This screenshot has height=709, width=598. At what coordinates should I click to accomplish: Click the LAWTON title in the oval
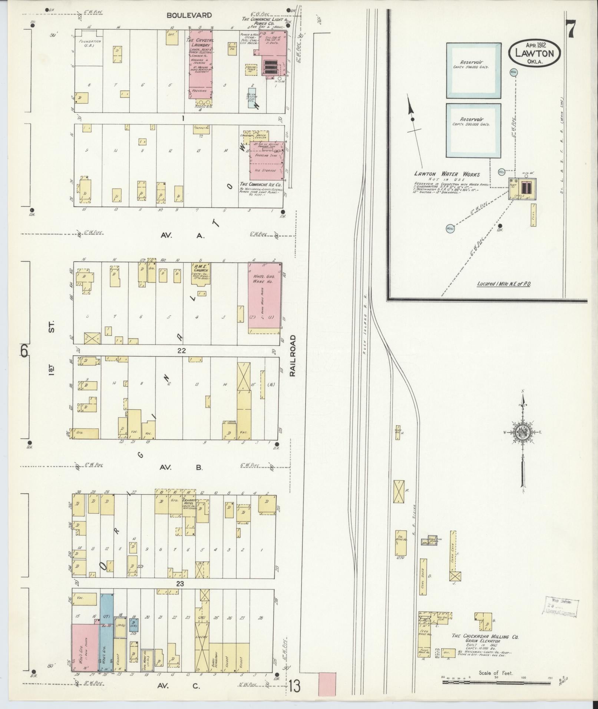(x=534, y=53)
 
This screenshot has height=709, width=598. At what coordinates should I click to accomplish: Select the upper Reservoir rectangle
(x=473, y=70)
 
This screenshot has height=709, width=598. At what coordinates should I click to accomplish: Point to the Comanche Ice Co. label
(x=260, y=184)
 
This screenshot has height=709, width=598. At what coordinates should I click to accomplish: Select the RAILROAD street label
(x=293, y=356)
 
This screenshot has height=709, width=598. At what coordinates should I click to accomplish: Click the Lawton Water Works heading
(x=447, y=174)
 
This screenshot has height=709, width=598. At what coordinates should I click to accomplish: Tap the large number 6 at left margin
(x=24, y=350)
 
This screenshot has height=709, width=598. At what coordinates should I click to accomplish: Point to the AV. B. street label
(x=181, y=467)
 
